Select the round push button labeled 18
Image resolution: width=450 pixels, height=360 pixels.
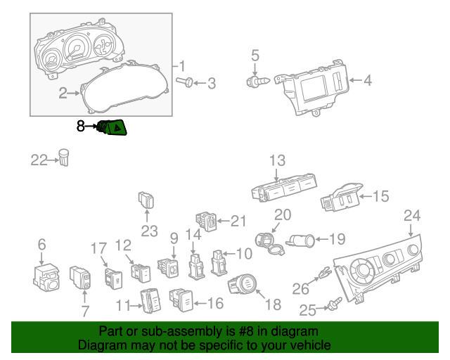242,284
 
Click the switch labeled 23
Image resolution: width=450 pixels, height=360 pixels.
147,200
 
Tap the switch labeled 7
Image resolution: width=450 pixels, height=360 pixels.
80,276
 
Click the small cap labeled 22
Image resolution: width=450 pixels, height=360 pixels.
65,157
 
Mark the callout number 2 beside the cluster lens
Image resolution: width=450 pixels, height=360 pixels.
63,93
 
